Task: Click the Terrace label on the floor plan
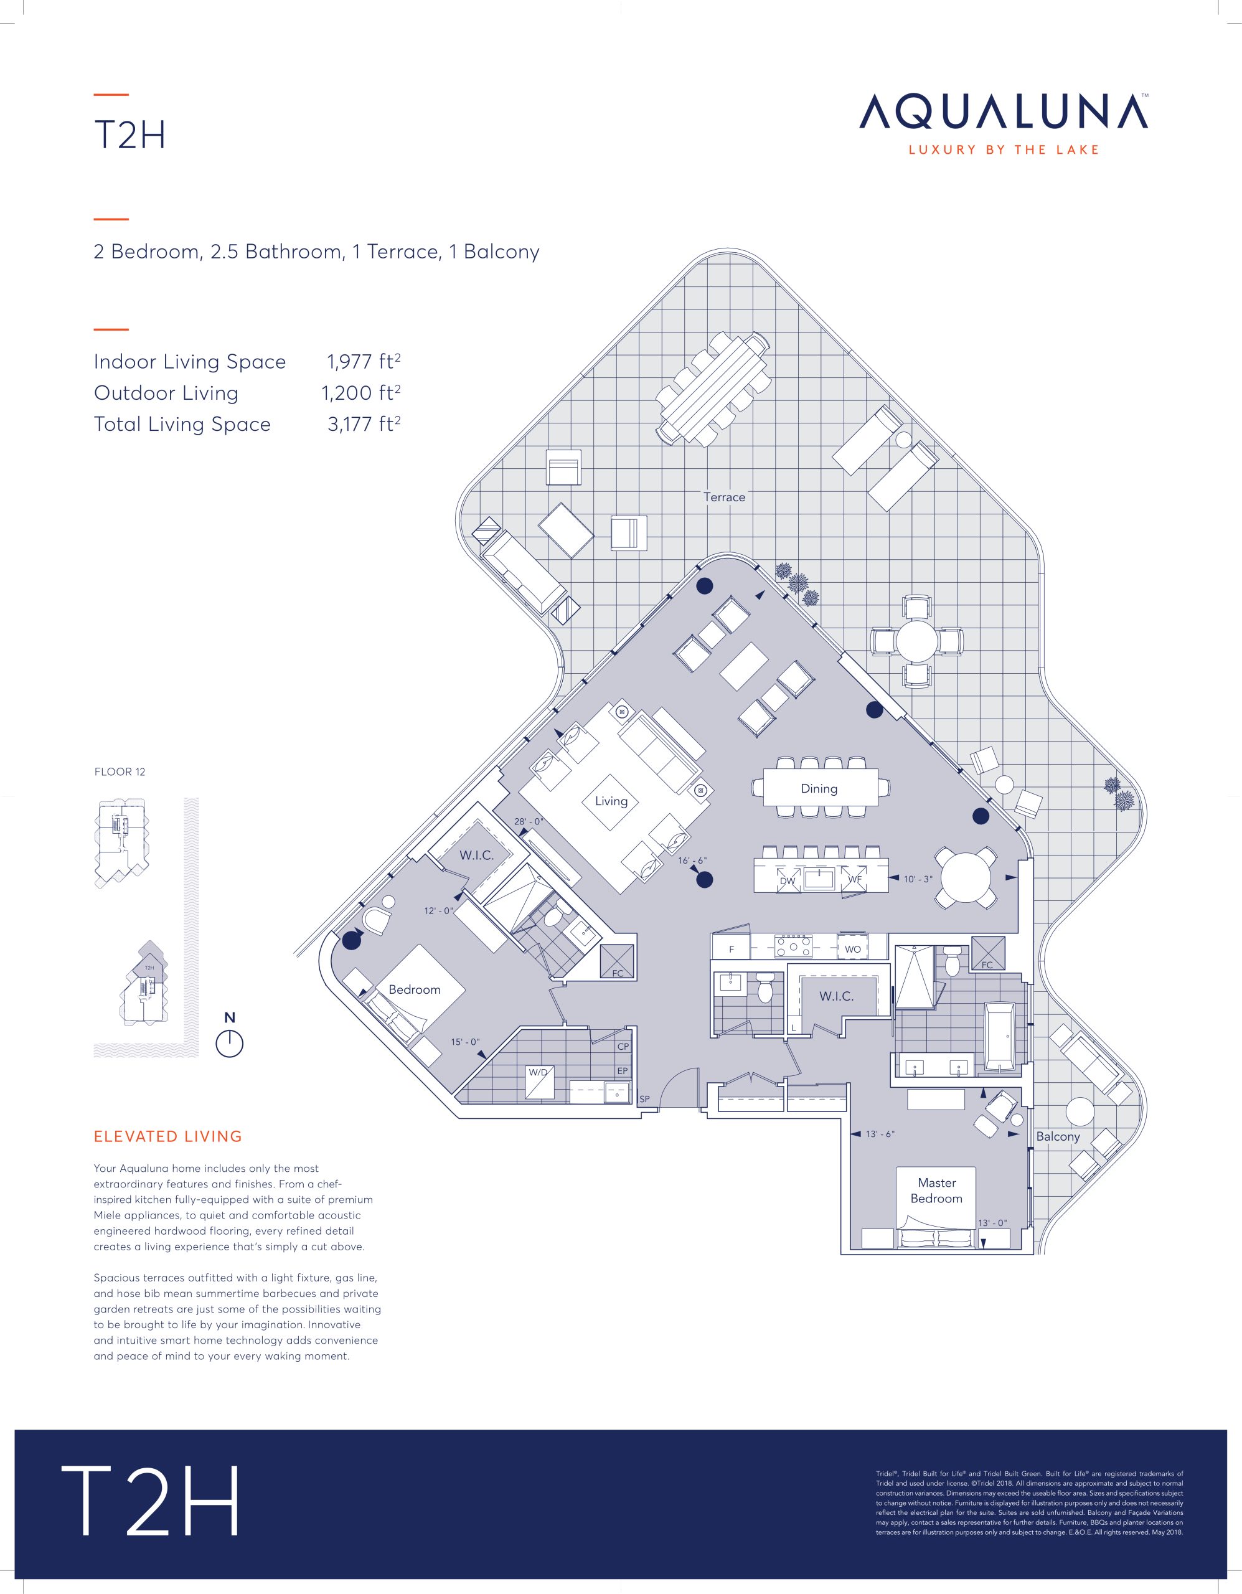(724, 497)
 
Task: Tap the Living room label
(611, 801)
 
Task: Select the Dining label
(819, 788)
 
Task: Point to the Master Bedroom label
(936, 1191)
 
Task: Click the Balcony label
(1057, 1136)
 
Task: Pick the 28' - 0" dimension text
(529, 822)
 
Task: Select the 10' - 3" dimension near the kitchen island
(918, 879)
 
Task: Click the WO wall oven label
(852, 950)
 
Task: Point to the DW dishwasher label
(788, 881)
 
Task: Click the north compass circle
(229, 1044)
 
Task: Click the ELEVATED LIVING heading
(168, 1136)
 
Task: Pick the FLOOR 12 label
(120, 771)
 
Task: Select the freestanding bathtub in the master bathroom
(1004, 1037)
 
